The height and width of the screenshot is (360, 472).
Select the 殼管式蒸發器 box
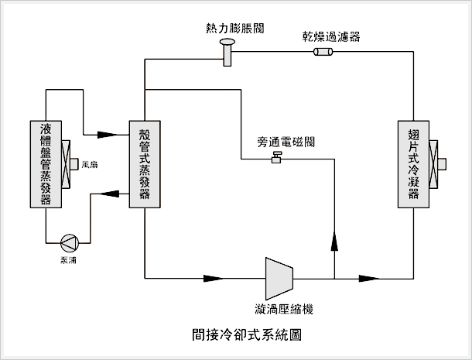click(145, 164)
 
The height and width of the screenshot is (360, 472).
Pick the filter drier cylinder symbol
click(323, 52)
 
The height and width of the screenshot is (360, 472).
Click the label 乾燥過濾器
click(330, 36)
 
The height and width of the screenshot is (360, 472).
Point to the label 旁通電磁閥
click(286, 142)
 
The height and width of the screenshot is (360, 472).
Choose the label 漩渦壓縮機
click(288, 309)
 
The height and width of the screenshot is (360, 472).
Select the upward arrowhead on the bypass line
click(334, 241)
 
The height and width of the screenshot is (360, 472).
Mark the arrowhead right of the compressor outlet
click(370, 277)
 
